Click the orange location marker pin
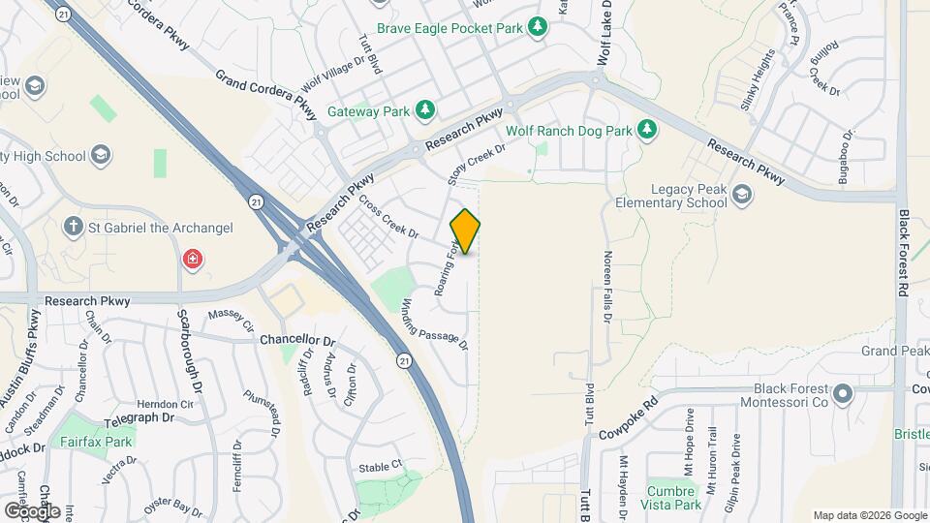(465, 231)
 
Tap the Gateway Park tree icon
(424, 110)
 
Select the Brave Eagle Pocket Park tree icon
(538, 29)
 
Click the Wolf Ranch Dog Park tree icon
(647, 129)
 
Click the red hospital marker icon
(193, 260)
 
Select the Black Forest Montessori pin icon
(842, 393)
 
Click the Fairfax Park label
(94, 442)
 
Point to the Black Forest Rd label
(903, 252)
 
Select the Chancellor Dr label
(296, 341)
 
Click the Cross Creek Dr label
(387, 217)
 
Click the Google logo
(31, 510)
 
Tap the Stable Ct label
(380, 466)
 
